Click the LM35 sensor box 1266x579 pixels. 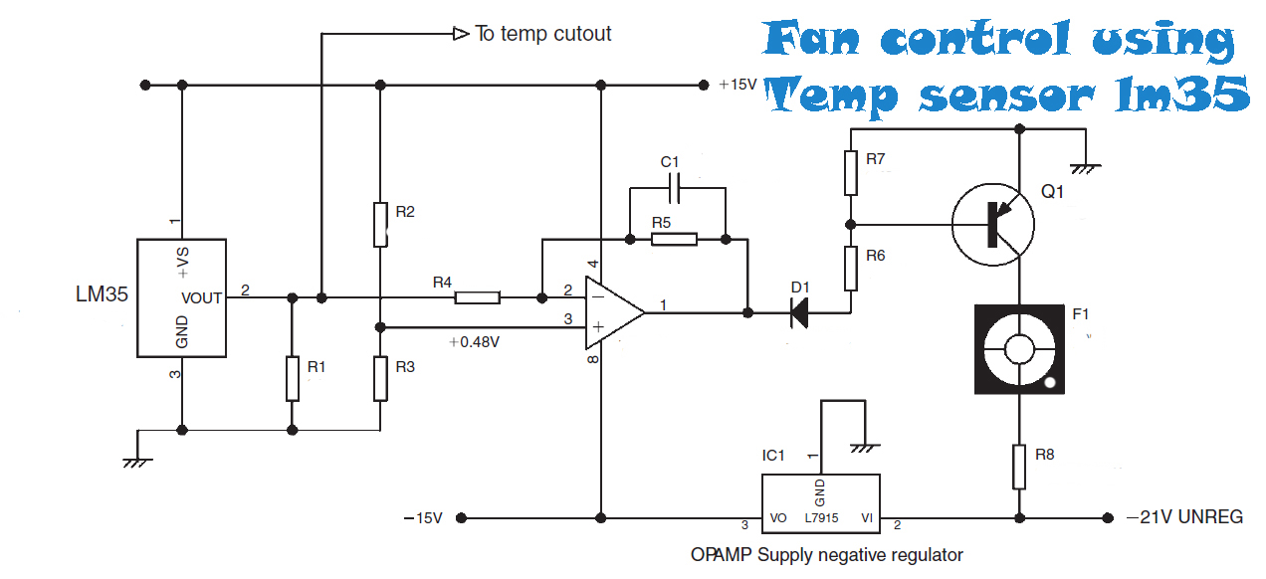click(180, 297)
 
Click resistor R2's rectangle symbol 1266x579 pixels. click(380, 224)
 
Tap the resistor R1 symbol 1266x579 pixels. click(292, 378)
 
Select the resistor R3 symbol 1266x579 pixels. click(380, 378)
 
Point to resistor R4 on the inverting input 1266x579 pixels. click(477, 297)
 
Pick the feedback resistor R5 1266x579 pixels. click(674, 239)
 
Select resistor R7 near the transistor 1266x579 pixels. click(850, 173)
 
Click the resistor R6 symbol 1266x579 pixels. click(850, 267)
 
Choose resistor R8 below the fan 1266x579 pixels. click(1019, 467)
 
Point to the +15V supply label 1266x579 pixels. click(738, 86)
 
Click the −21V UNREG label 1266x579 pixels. click(1185, 517)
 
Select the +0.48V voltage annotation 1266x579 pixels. click(474, 342)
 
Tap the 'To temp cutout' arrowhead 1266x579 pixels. click(461, 34)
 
